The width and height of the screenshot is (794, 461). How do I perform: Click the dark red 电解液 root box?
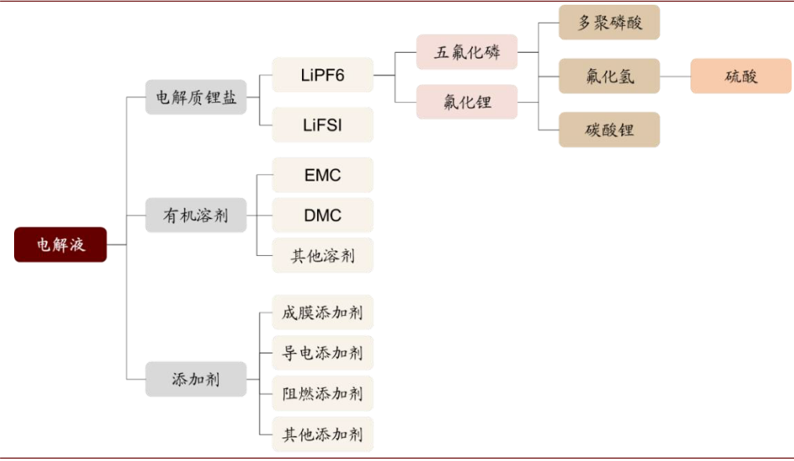pyautogui.click(x=60, y=244)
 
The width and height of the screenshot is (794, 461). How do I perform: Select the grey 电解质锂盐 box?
pyautogui.click(x=196, y=97)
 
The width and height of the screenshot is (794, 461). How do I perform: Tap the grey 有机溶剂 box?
pyautogui.click(x=196, y=214)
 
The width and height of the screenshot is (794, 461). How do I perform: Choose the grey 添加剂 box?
pyautogui.click(x=196, y=379)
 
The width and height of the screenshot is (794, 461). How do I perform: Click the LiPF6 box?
pyautogui.click(x=322, y=75)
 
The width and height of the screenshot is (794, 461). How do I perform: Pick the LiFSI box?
pyautogui.click(x=322, y=125)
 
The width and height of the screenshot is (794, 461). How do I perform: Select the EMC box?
pyautogui.click(x=322, y=174)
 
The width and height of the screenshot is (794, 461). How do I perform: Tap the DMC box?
pyautogui.click(x=322, y=215)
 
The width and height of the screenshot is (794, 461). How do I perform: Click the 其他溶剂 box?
pyautogui.click(x=322, y=256)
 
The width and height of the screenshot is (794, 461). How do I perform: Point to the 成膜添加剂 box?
pyautogui.click(x=322, y=313)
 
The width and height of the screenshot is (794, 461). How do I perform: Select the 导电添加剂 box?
pyautogui.click(x=322, y=353)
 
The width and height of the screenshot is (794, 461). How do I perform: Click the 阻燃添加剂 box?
pyautogui.click(x=322, y=393)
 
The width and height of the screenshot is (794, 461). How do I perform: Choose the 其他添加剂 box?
pyautogui.click(x=322, y=434)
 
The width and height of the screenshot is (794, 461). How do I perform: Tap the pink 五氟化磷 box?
pyautogui.click(x=467, y=52)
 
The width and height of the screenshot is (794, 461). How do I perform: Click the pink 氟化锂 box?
pyautogui.click(x=467, y=101)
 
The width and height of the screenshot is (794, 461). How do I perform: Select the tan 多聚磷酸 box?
pyautogui.click(x=609, y=22)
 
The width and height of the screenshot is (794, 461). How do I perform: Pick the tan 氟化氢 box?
pyautogui.click(x=609, y=76)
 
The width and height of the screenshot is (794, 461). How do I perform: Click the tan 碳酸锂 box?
pyautogui.click(x=609, y=130)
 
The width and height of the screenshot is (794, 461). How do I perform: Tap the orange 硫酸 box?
pyautogui.click(x=741, y=76)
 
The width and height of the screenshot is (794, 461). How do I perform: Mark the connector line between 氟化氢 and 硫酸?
pyautogui.click(x=675, y=76)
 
